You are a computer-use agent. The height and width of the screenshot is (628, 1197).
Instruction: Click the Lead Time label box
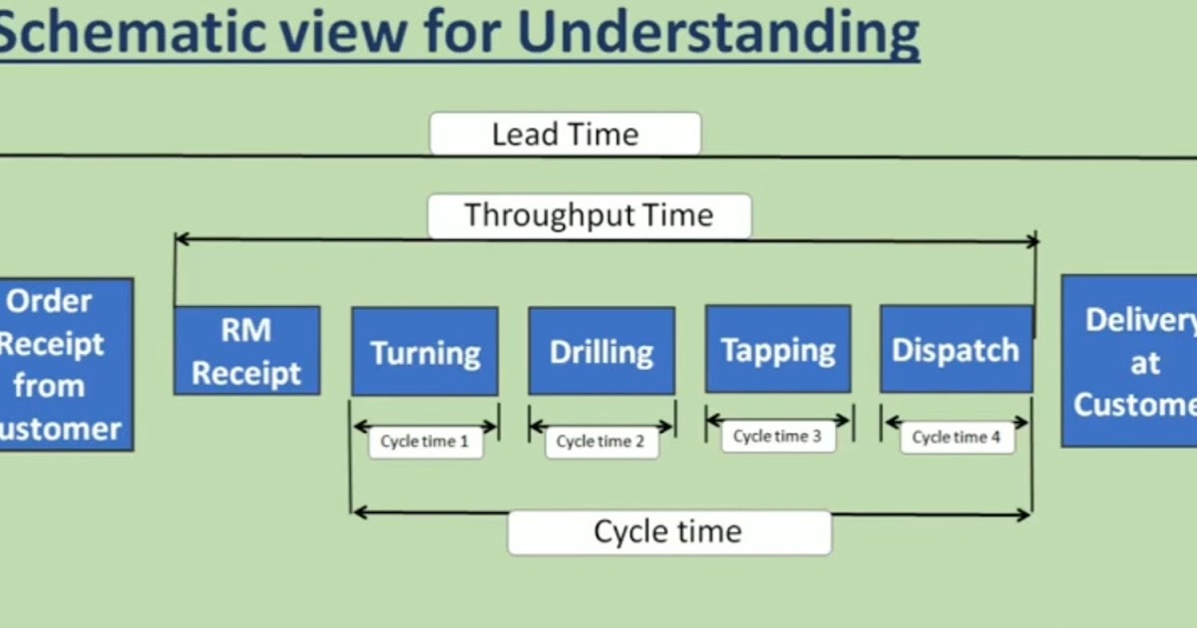565,134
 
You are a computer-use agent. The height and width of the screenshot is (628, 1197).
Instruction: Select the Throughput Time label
589,215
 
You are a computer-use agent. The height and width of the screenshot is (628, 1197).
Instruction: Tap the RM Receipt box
246,350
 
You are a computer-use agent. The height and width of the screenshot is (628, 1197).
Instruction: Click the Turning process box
424,351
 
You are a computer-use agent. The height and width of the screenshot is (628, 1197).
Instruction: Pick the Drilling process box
601,351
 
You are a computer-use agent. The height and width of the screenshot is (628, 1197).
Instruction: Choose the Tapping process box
778,349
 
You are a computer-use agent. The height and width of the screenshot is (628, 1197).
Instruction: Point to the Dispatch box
956,349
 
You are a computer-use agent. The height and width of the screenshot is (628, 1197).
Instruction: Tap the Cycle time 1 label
425,442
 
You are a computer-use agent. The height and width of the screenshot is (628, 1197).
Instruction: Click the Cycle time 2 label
601,442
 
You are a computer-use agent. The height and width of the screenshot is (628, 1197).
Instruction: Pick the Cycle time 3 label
778,437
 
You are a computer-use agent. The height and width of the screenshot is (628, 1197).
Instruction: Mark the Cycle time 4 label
957,438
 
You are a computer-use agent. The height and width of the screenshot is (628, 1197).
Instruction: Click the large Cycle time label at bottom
668,532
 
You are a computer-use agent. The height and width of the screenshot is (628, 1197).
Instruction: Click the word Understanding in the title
718,32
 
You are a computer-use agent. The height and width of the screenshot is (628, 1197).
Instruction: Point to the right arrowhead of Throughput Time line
1033,239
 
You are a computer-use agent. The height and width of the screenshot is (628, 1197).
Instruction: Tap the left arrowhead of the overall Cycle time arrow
358,512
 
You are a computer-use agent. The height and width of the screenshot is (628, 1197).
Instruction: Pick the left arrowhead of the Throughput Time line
180,238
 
